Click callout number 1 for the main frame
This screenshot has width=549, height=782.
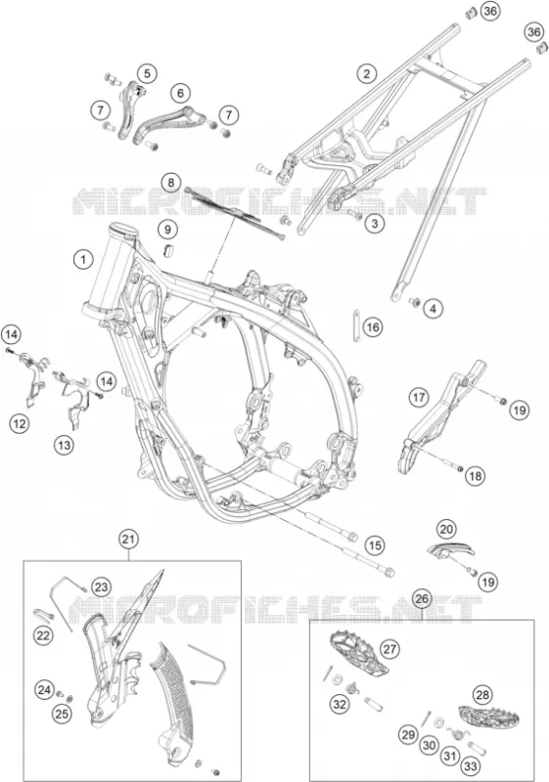(83, 259)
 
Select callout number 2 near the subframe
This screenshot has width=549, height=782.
(367, 74)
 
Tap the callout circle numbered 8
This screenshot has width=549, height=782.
(171, 183)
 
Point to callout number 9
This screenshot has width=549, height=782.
(167, 230)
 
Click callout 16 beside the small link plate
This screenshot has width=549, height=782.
(373, 327)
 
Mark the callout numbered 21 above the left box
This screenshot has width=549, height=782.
(129, 540)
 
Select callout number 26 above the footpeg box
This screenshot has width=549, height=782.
(422, 598)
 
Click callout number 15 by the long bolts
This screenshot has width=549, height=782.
(375, 545)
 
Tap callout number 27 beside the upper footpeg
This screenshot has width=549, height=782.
(389, 649)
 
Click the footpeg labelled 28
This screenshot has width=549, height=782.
(488, 717)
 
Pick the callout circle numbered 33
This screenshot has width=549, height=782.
(471, 765)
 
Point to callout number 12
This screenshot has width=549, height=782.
(20, 424)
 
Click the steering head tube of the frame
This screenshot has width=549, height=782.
(110, 270)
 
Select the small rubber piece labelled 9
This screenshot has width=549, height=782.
(168, 250)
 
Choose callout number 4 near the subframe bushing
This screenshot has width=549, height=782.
(433, 309)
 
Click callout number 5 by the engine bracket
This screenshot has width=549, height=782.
(147, 74)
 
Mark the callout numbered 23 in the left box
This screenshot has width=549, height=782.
(102, 587)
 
